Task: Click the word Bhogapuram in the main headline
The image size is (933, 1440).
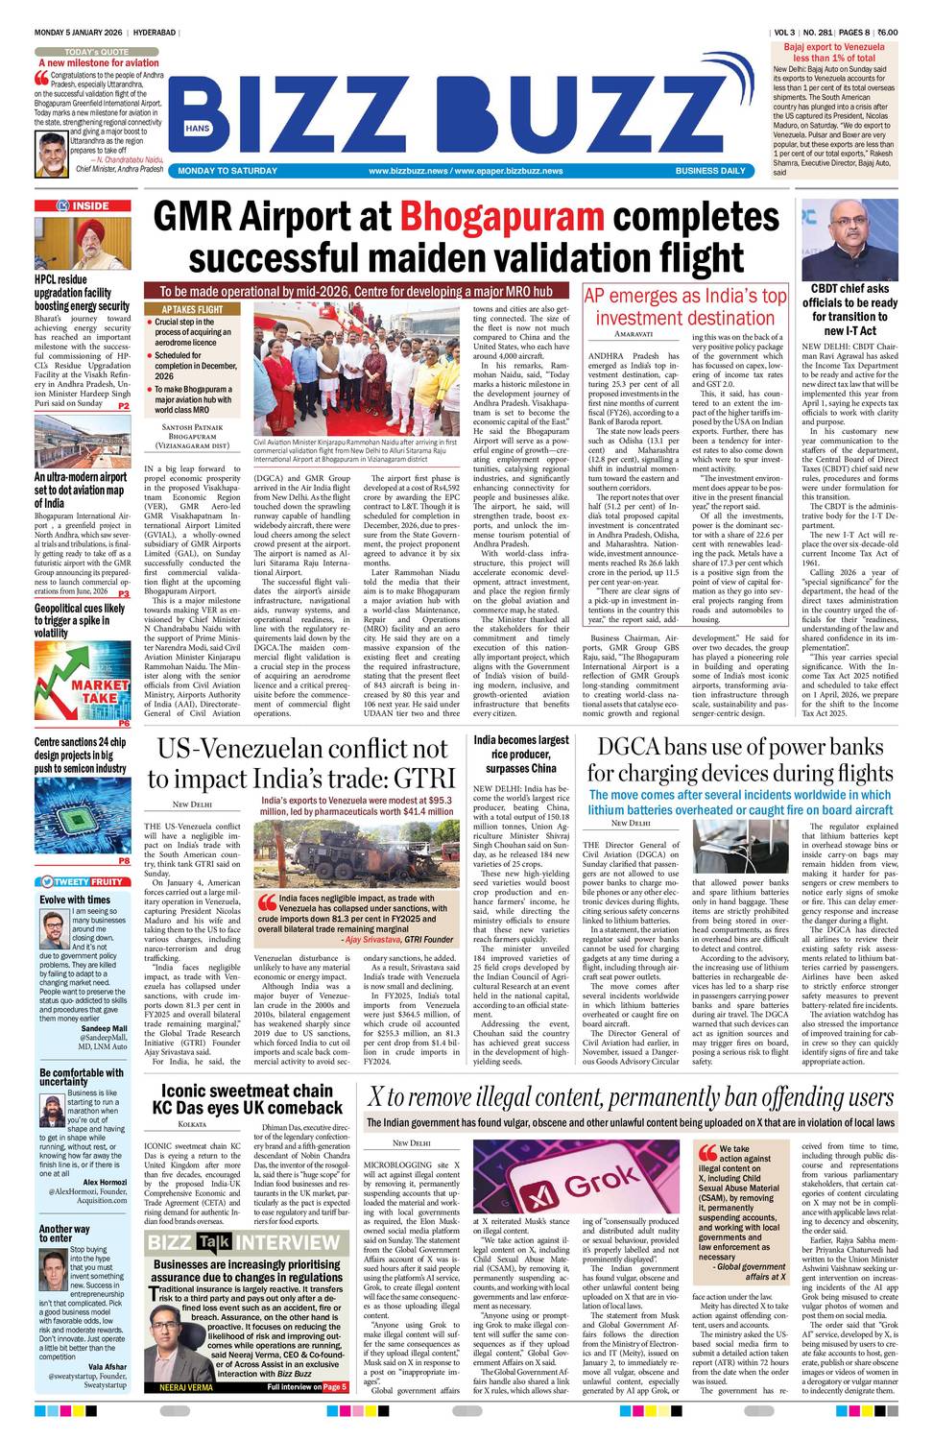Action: [501, 216]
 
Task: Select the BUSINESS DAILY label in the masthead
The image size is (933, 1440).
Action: [709, 171]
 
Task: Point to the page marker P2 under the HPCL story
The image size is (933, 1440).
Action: [123, 407]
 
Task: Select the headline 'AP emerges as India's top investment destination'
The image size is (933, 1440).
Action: [684, 307]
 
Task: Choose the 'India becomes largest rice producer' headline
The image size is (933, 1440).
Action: [520, 754]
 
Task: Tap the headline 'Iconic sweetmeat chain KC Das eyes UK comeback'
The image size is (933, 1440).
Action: [246, 1098]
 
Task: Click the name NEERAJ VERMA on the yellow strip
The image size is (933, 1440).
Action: [185, 1387]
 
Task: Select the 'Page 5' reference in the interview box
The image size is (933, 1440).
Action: [334, 1387]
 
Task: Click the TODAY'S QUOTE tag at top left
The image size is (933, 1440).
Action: [97, 51]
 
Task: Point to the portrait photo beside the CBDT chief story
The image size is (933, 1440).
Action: [850, 239]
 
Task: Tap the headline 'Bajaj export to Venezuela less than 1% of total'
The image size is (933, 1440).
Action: [833, 52]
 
